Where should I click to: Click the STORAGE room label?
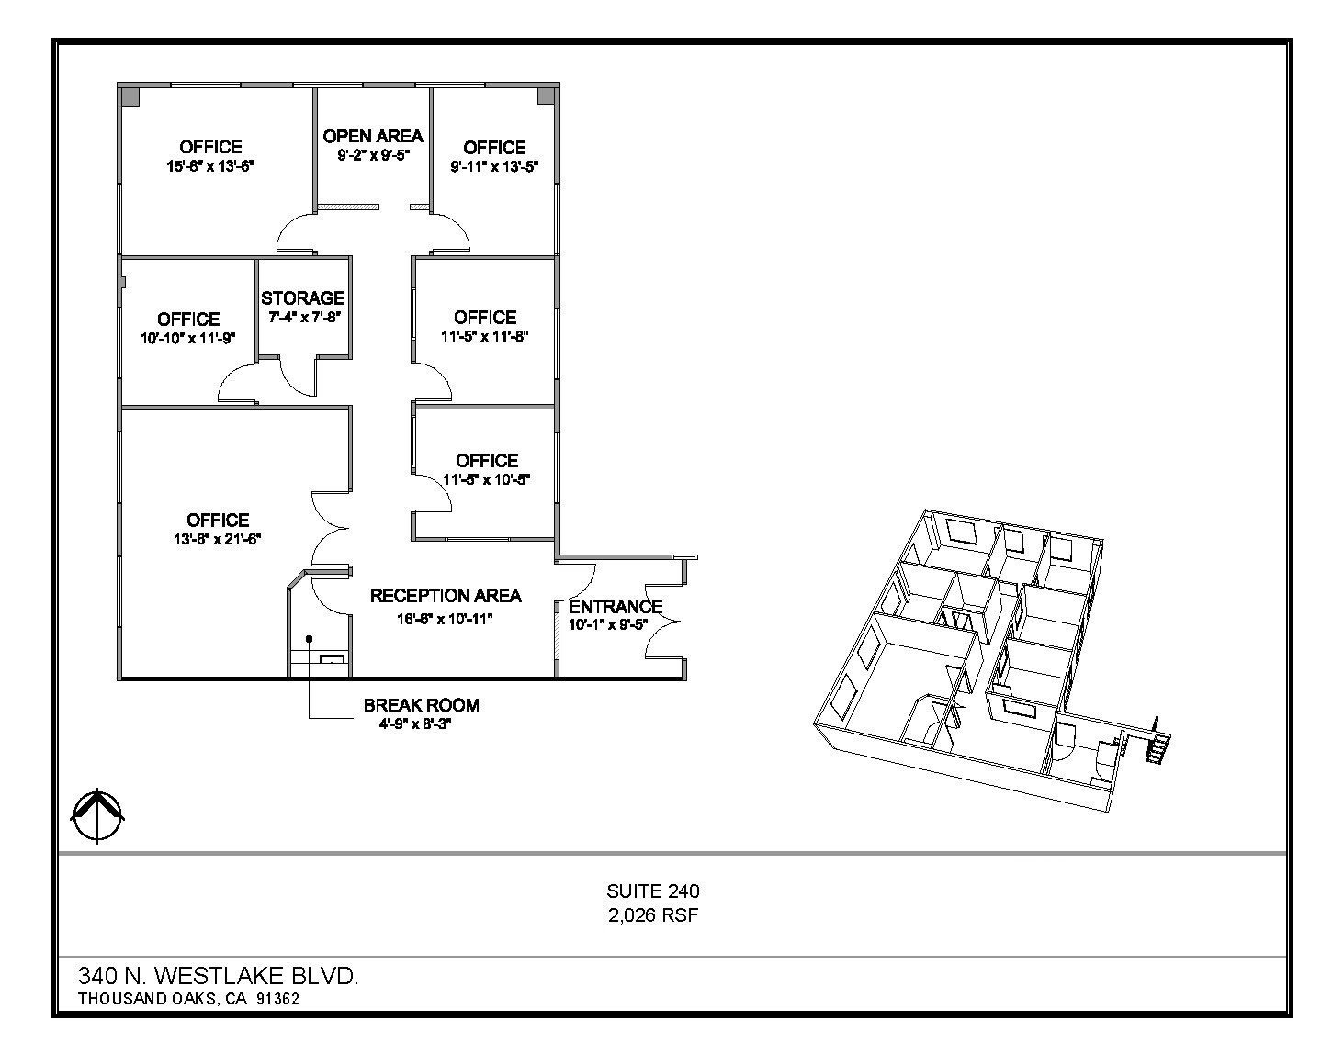[302, 298]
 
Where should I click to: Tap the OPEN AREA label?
[373, 136]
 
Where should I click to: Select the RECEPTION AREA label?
[446, 596]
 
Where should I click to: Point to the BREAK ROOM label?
[421, 705]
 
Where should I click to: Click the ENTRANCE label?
[616, 607]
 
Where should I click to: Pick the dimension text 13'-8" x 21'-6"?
[218, 539]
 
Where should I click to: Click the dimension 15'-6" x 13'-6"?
[210, 166]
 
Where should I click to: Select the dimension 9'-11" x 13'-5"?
[494, 166]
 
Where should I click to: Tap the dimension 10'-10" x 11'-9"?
[188, 338]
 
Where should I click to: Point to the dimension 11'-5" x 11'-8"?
[485, 336]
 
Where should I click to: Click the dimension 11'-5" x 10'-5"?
[487, 479]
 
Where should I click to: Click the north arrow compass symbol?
[98, 815]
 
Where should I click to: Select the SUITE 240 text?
[653, 891]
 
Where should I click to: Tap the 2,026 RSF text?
[653, 915]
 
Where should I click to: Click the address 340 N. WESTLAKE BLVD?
[219, 975]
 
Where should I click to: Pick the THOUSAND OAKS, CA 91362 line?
[188, 999]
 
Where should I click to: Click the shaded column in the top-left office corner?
[130, 95]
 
